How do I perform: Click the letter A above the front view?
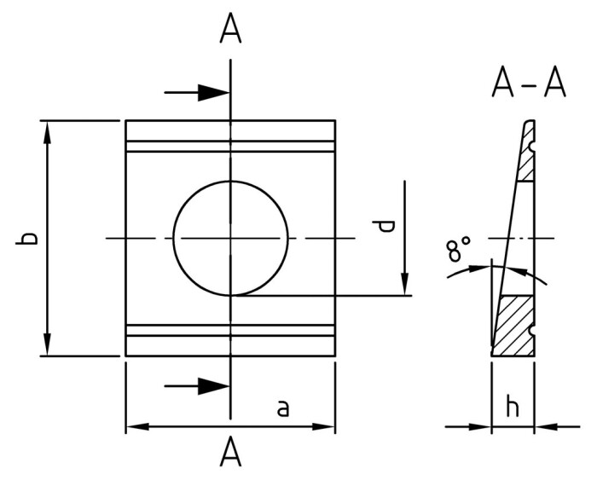231,28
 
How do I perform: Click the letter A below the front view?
231,453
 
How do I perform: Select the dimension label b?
28,238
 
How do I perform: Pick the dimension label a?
283,408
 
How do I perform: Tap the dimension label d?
386,226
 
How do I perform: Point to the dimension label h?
513,408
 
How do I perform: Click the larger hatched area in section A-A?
515,325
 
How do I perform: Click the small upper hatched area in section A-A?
525,166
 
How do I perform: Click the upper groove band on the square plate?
230,147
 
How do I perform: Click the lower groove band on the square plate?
230,330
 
